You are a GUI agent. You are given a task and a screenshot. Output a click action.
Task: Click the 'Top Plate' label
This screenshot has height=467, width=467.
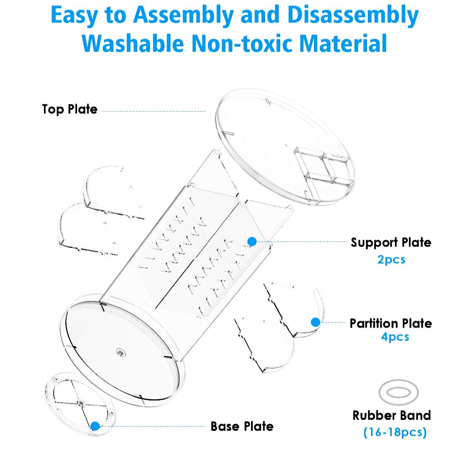coord(70,109)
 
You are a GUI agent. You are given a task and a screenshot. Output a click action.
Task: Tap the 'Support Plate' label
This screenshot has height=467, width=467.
coord(391,242)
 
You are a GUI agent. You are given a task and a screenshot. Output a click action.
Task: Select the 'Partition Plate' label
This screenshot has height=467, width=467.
coord(391,323)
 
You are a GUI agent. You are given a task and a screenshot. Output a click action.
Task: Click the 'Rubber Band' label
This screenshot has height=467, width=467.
coord(392,415)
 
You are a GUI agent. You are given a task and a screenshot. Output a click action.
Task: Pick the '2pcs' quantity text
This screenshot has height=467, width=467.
coord(391,260)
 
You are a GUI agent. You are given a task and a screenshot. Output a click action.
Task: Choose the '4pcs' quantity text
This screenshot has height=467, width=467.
coord(395,337)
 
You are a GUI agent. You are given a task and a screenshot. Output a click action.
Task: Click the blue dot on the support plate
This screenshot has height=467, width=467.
coord(252,242)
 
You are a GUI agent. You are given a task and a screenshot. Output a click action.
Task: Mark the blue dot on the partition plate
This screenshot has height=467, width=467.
coord(316,322)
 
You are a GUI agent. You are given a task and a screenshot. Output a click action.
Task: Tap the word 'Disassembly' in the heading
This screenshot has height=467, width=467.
coord(353,15)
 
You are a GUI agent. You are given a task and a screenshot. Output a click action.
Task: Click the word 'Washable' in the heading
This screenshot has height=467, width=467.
coord(133,43)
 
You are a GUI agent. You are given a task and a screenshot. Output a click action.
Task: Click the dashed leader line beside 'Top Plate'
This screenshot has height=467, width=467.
coord(154,111)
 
